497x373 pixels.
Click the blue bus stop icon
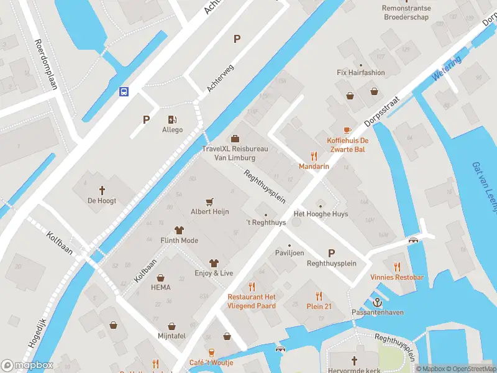pyautogui.click(x=124, y=91)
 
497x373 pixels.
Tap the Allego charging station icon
pyautogui.click(x=172, y=119)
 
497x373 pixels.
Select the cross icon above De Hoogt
pyautogui.click(x=102, y=190)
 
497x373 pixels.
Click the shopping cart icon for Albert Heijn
pyautogui.click(x=209, y=201)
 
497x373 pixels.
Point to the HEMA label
pyautogui.click(x=160, y=287)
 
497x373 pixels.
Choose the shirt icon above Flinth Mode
pyautogui.click(x=180, y=230)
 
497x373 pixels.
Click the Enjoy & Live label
pyautogui.click(x=214, y=273)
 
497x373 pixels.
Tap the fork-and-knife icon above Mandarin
pyautogui.click(x=314, y=157)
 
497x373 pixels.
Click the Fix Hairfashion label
pyautogui.click(x=360, y=73)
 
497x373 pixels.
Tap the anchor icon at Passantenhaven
pyautogui.click(x=376, y=302)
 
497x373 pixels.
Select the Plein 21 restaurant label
pyautogui.click(x=319, y=306)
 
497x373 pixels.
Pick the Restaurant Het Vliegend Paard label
pyautogui.click(x=252, y=302)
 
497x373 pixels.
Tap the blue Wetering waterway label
pyautogui.click(x=447, y=68)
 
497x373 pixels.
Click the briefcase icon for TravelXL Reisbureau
pyautogui.click(x=235, y=139)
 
